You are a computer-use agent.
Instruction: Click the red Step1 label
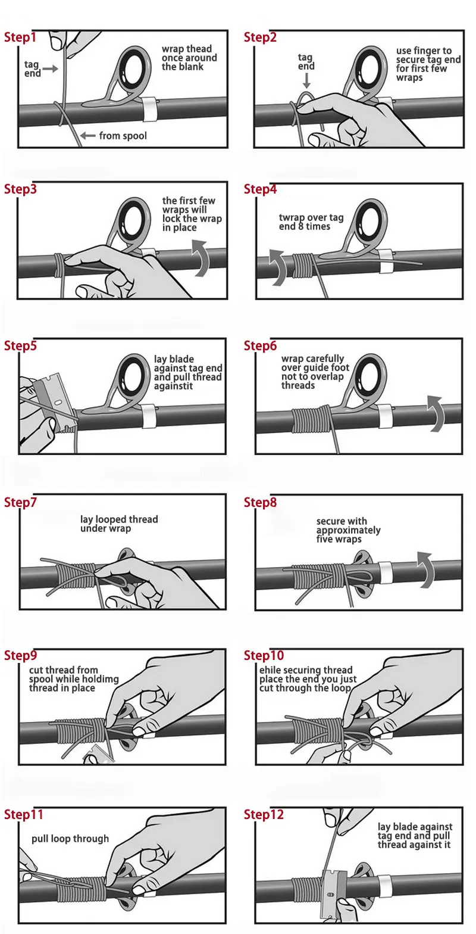tap(20, 37)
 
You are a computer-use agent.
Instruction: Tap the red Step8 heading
tap(260, 502)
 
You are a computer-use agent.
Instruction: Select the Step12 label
tap(264, 814)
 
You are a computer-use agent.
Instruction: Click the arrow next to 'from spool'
tap(87, 136)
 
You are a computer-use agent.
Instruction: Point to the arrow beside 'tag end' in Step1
tap(50, 69)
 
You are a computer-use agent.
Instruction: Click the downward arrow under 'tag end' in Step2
tap(306, 80)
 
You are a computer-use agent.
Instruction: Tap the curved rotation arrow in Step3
tap(201, 258)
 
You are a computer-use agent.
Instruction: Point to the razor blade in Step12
tap(334, 893)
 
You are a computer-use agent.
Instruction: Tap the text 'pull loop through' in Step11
tap(70, 839)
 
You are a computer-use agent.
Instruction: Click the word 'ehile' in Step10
tap(270, 670)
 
